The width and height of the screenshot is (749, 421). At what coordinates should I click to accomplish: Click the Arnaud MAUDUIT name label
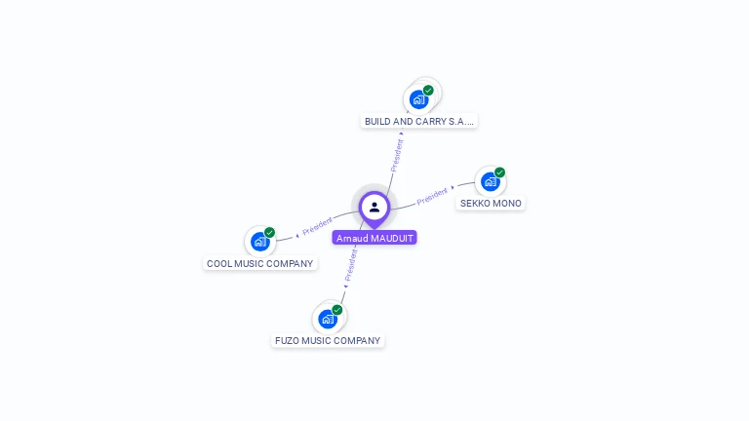click(374, 238)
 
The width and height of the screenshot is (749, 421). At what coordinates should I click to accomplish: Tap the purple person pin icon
click(374, 207)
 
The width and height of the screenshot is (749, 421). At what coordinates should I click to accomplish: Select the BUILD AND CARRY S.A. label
click(419, 121)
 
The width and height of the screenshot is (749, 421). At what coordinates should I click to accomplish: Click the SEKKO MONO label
click(491, 204)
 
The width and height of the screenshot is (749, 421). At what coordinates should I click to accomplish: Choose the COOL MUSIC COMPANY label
click(260, 263)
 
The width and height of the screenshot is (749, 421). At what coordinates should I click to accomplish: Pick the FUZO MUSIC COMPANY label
click(328, 340)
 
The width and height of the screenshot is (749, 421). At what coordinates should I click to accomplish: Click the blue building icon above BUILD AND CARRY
click(418, 99)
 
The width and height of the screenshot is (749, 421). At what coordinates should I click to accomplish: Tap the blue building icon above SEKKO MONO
click(490, 181)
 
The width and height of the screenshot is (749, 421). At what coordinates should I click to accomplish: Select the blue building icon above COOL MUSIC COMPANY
click(259, 241)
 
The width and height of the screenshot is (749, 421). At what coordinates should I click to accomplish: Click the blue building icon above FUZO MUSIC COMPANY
click(328, 318)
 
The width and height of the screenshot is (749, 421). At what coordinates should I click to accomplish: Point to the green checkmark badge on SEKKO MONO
click(499, 172)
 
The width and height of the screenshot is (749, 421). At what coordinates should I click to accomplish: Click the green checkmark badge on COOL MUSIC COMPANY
click(269, 232)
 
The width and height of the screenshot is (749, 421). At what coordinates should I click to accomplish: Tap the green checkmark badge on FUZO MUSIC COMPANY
click(337, 310)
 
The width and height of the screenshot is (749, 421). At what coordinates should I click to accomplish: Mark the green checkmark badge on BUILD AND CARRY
click(428, 91)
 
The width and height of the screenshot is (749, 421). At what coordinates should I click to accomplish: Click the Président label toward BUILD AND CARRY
click(397, 155)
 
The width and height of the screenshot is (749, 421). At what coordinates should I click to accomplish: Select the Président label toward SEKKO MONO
click(432, 196)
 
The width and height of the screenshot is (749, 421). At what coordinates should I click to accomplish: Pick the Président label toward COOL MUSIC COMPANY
click(318, 226)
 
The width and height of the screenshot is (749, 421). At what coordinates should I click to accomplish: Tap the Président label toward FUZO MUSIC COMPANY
click(351, 264)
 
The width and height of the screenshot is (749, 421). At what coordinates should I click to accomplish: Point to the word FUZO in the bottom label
click(288, 340)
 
